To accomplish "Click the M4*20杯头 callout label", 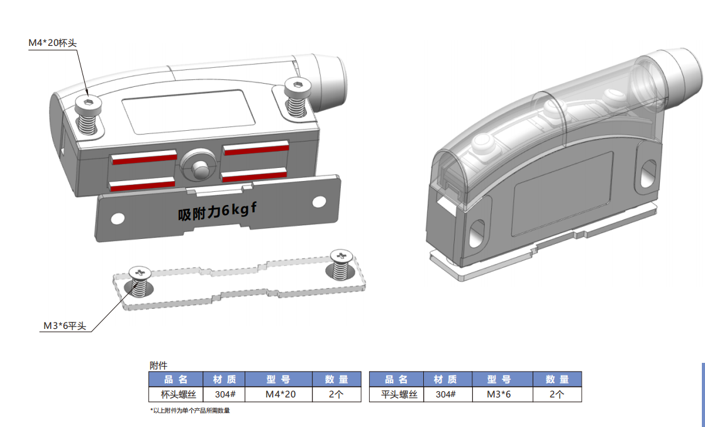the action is point(53,43).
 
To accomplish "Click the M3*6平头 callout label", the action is point(64,326).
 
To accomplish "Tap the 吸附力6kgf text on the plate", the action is point(218,211).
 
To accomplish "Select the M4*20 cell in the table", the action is point(280,394).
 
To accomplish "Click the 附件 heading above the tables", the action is point(158,365).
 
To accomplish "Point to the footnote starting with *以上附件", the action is point(190,411).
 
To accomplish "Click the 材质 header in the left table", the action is point(225,379).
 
